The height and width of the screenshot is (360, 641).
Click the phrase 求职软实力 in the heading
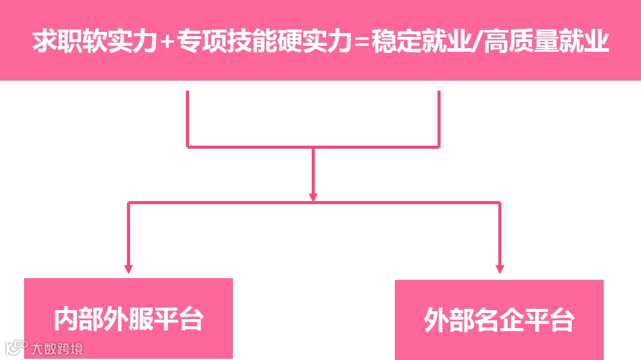pyautogui.click(x=96, y=42)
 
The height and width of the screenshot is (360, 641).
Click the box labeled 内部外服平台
pyautogui.click(x=128, y=318)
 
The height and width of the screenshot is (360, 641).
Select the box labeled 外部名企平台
pyautogui.click(x=499, y=320)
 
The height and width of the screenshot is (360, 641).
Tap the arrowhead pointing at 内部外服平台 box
pyautogui.click(x=128, y=268)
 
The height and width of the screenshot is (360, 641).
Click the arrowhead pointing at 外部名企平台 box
pyautogui.click(x=500, y=268)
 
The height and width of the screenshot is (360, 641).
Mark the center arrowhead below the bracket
pyautogui.click(x=313, y=196)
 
